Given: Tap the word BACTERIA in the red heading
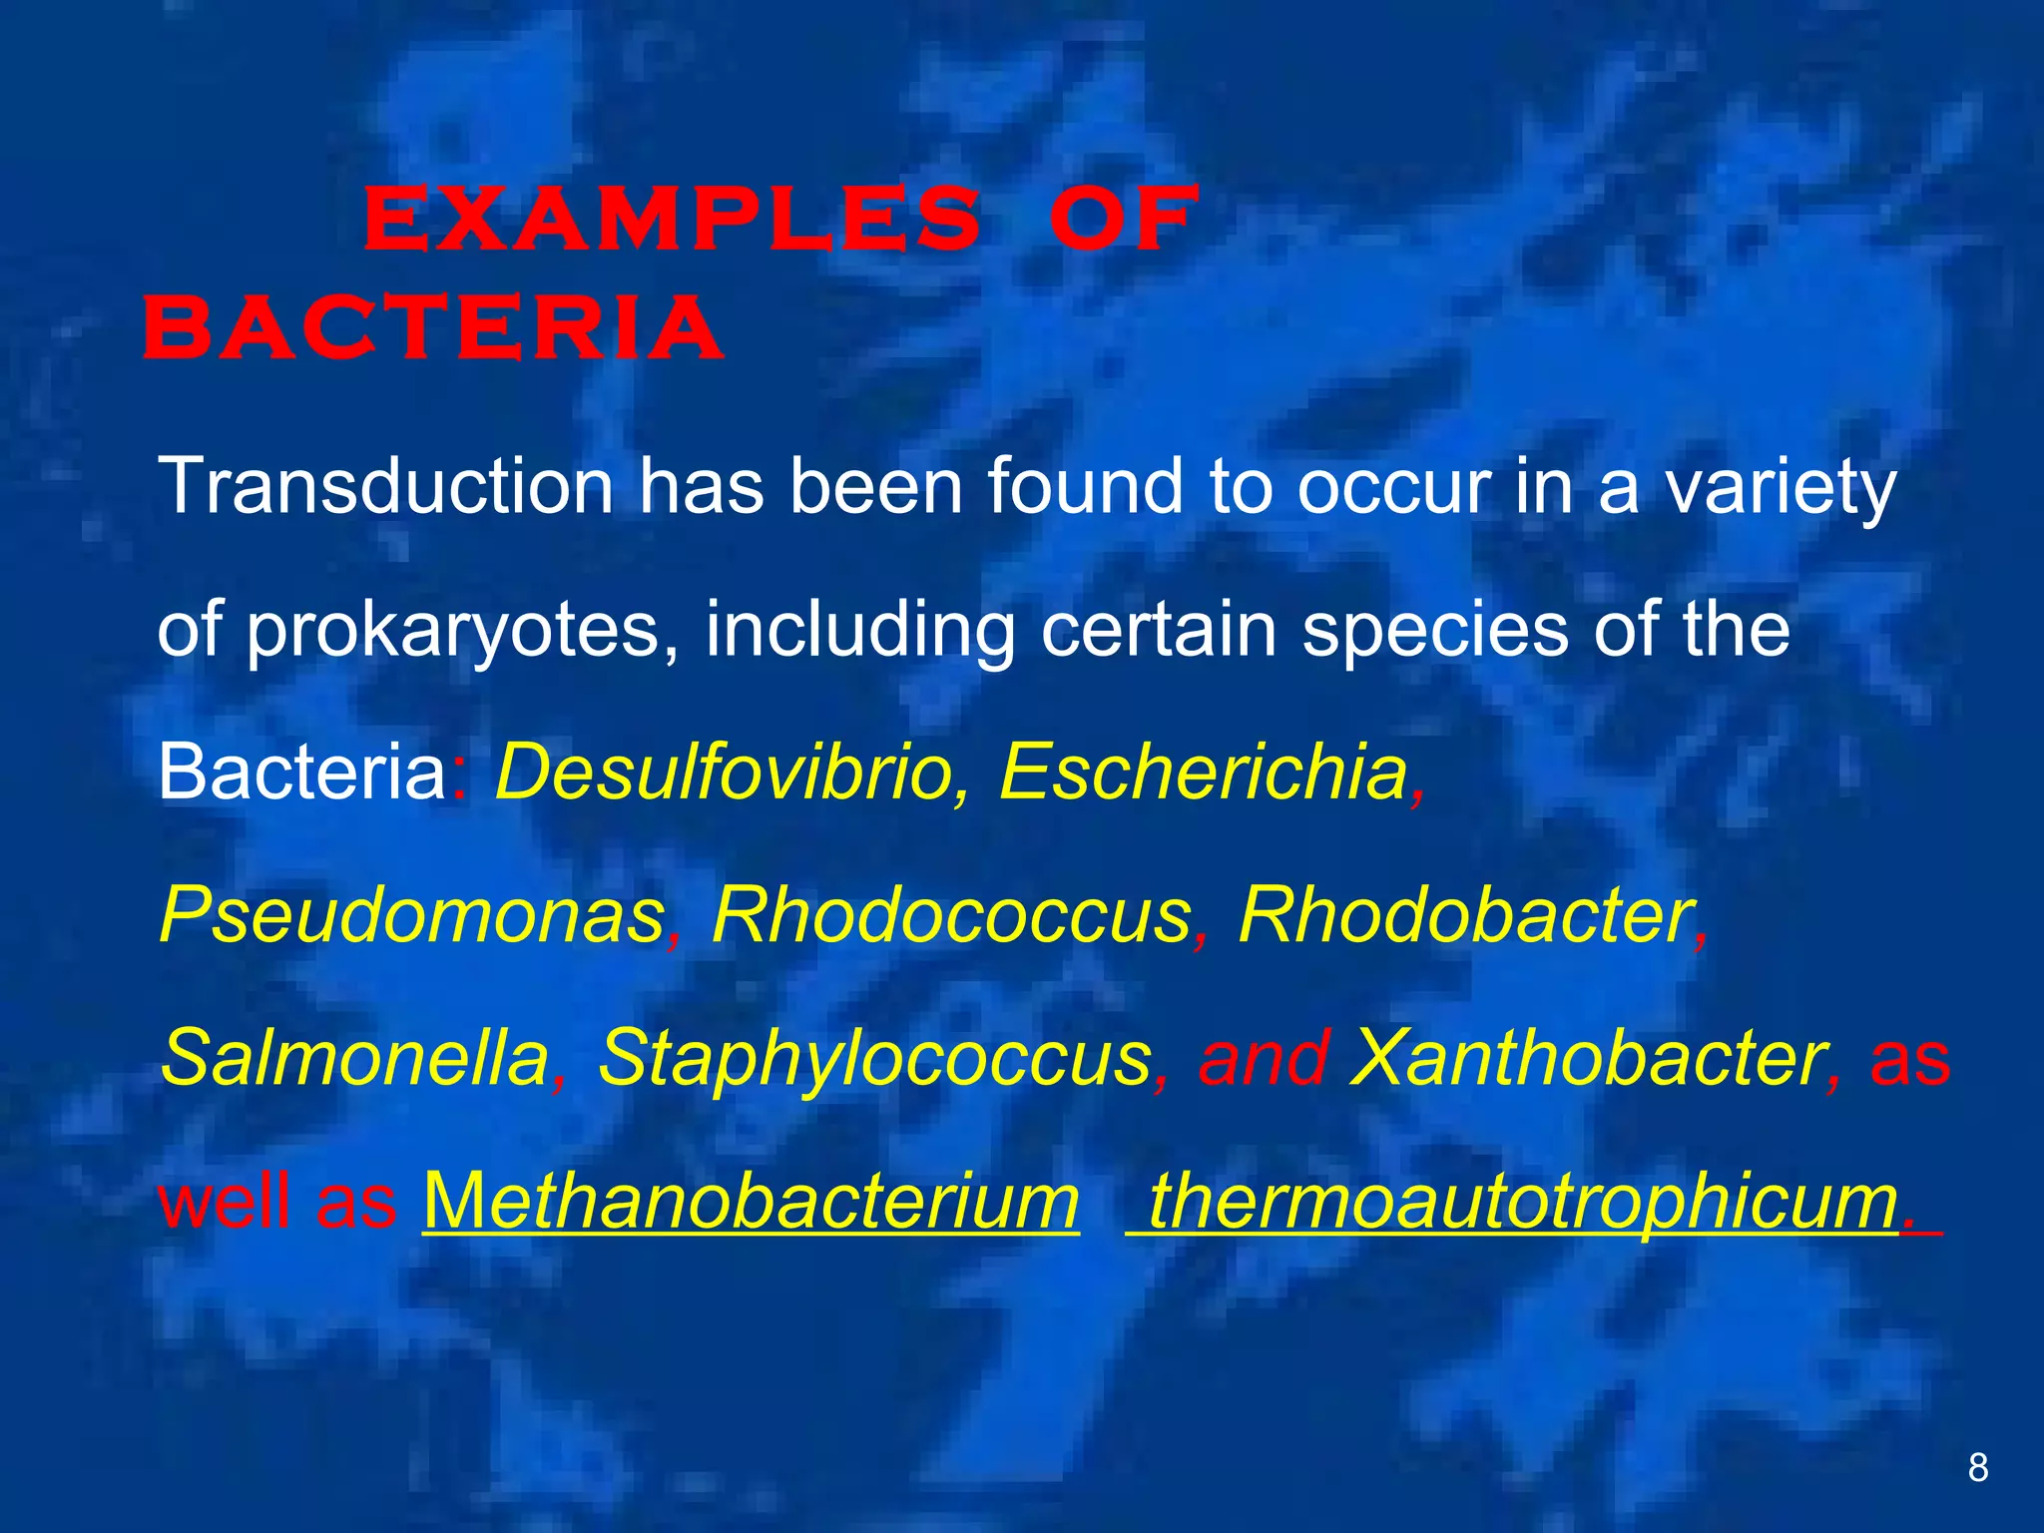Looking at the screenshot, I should pyautogui.click(x=433, y=328).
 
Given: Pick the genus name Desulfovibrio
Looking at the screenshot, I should pyautogui.click(x=724, y=772).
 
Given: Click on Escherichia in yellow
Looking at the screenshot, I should pyautogui.click(x=1203, y=772).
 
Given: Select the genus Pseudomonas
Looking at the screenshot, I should pyautogui.click(x=412, y=915).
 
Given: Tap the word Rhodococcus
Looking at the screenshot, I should pyautogui.click(x=951, y=915).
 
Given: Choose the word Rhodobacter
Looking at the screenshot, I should pyautogui.click(x=1465, y=915).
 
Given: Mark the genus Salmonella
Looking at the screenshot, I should pyautogui.click(x=355, y=1058).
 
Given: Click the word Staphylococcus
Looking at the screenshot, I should pyautogui.click(x=873, y=1058).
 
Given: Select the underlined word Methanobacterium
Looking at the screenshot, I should pyautogui.click(x=751, y=1202).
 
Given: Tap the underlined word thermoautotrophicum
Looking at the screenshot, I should pyautogui.click(x=1521, y=1202).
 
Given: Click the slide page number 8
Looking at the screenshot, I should pyautogui.click(x=1978, y=1468).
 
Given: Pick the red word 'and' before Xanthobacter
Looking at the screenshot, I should pyautogui.click(x=1263, y=1058).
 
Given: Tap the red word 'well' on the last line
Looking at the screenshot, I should pyautogui.click(x=228, y=1202).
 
